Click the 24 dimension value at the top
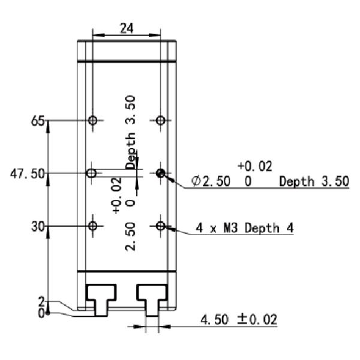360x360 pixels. click(x=127, y=28)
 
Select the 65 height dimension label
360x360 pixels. click(x=38, y=121)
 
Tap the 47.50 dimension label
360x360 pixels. click(x=28, y=173)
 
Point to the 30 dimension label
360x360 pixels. click(x=38, y=227)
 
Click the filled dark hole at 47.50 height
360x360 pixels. click(x=160, y=173)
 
